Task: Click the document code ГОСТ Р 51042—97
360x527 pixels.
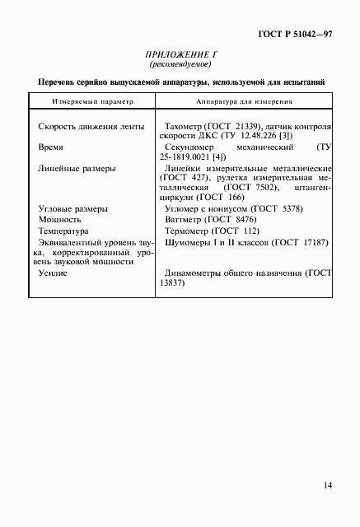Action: [295, 35]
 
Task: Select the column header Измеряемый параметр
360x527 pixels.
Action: [85, 102]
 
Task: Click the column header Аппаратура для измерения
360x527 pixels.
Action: [242, 102]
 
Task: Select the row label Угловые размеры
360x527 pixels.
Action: [73, 209]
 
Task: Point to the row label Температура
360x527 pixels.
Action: [68, 232]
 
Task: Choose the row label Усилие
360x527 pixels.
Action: [53, 273]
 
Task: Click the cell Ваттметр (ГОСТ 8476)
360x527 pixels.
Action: [210, 221]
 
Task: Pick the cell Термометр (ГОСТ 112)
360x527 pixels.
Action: [213, 232]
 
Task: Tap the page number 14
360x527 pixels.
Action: [328, 486]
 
